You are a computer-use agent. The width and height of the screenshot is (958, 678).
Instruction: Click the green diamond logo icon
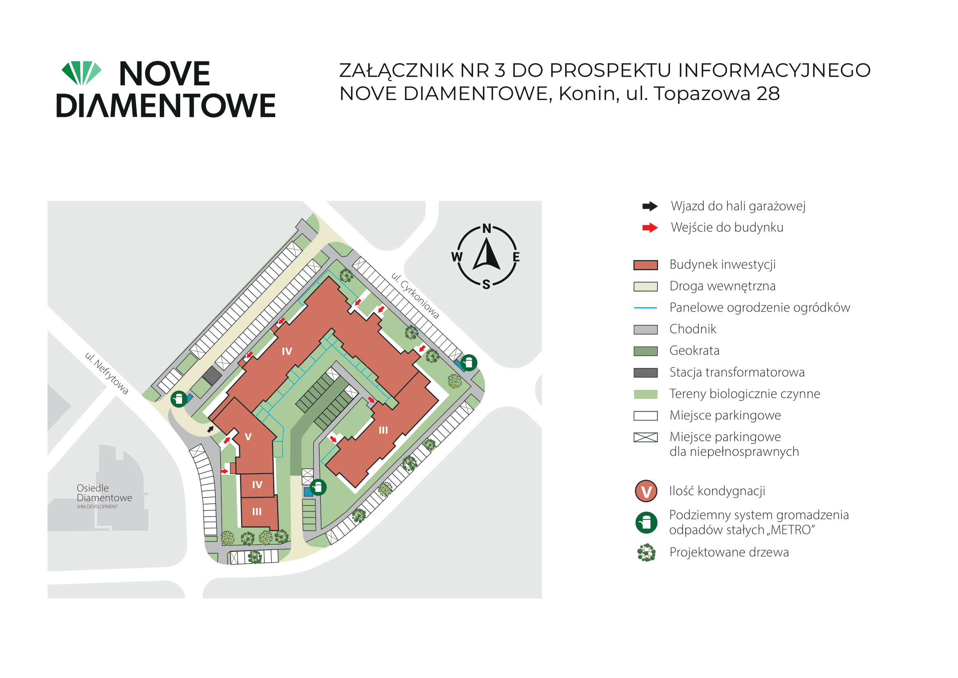[x=82, y=73]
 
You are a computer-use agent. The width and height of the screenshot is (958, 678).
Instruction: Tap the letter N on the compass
[x=487, y=228]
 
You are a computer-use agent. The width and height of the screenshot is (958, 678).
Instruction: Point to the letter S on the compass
[x=486, y=285]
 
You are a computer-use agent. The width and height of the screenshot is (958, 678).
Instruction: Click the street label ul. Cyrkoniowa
[x=415, y=296]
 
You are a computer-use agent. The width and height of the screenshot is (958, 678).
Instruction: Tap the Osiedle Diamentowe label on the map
[x=104, y=493]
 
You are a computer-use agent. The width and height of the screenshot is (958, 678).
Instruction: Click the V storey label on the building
[x=248, y=437]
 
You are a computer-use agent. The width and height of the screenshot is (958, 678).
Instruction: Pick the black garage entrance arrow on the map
[x=211, y=429]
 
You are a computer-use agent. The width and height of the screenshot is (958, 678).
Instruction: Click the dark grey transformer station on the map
[x=212, y=375]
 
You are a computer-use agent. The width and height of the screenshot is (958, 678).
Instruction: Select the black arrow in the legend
[x=650, y=206]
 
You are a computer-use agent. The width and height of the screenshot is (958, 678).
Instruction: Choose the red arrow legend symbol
[x=650, y=228]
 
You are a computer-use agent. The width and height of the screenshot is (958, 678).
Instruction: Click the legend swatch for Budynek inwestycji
[x=645, y=265]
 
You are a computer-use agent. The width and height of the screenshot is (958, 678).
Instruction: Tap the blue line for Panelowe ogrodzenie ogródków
[x=645, y=308]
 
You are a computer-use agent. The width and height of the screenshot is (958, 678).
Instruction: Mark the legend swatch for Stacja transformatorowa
[x=645, y=373]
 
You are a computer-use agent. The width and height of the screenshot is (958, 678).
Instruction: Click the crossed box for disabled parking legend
[x=645, y=437]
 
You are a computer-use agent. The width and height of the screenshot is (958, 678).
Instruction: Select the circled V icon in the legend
[x=646, y=491]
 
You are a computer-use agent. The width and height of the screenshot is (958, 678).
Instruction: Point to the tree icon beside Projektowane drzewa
[x=646, y=553]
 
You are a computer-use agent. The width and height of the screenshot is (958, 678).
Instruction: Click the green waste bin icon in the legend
[x=646, y=523]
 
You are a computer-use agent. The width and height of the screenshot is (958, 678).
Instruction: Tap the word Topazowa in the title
[x=702, y=94]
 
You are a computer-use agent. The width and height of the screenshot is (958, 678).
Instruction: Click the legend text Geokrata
[x=694, y=351]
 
